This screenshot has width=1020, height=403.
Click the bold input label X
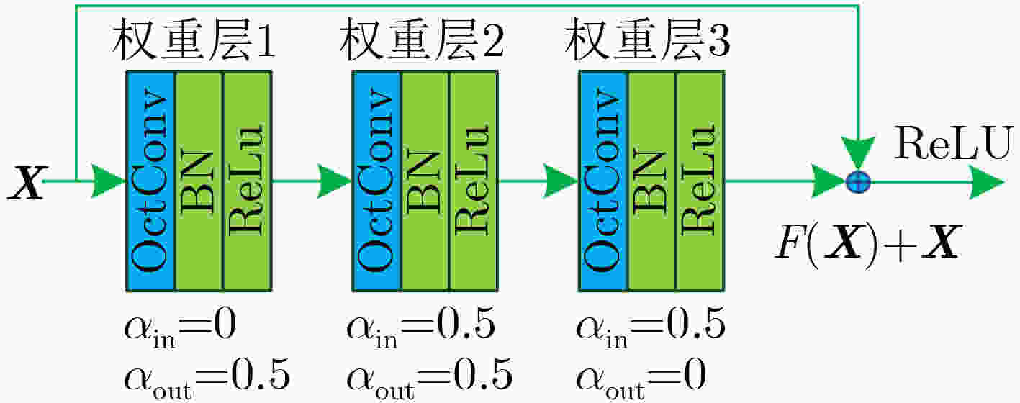point(27,183)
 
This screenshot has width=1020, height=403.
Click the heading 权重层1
point(194,40)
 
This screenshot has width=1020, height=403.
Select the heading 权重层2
point(422,40)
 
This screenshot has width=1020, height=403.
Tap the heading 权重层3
point(648,40)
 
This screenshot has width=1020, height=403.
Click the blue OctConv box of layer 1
point(150,181)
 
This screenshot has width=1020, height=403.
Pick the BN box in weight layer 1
point(199,181)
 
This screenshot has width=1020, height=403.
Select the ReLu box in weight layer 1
point(247,181)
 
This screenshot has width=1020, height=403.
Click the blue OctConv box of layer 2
point(377,181)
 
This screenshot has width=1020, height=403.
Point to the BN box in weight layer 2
point(425,181)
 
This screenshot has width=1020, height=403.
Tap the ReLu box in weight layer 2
point(474,181)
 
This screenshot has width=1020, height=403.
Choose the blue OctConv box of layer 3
point(603,181)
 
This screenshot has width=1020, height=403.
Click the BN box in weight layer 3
point(651,181)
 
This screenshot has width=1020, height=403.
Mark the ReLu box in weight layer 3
point(700,181)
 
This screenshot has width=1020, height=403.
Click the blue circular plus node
point(858,183)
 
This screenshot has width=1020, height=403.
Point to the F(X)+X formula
point(868,245)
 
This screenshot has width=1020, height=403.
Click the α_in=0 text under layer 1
point(181,328)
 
